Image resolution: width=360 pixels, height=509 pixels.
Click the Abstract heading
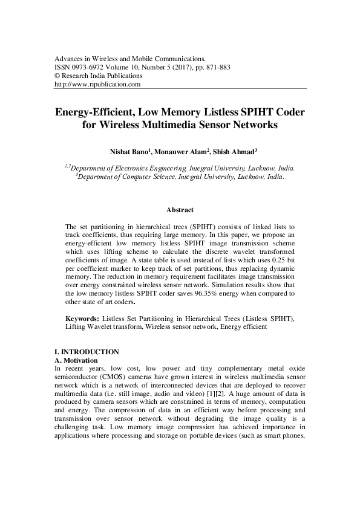[180, 210]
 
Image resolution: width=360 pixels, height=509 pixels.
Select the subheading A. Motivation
[72, 360]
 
